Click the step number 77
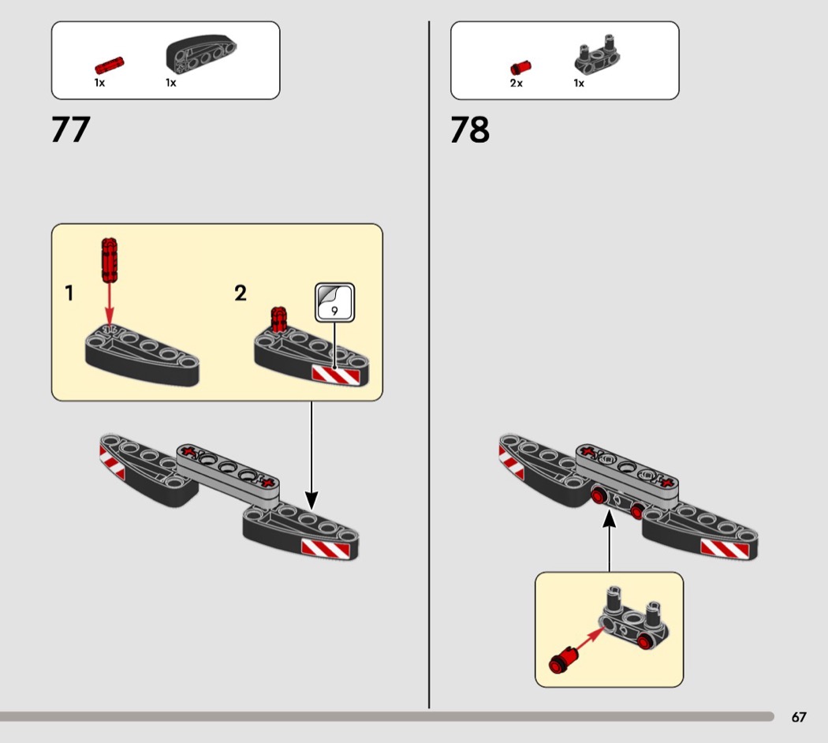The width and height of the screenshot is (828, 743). click(x=71, y=129)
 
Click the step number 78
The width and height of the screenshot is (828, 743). click(x=470, y=129)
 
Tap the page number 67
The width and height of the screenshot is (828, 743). click(x=798, y=717)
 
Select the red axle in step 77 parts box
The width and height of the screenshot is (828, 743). click(x=110, y=65)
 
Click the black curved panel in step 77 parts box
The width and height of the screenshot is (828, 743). click(x=201, y=54)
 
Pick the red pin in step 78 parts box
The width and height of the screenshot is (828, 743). click(x=520, y=68)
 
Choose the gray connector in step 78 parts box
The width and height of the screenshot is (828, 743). click(x=597, y=54)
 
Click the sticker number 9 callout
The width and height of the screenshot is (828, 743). click(x=335, y=303)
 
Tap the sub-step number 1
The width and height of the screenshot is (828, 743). click(x=69, y=293)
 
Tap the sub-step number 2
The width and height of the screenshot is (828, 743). click(x=241, y=293)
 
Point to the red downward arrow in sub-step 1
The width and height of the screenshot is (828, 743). click(x=110, y=304)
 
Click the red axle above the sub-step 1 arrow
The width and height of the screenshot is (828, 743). click(x=110, y=259)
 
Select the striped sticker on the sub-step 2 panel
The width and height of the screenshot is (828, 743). click(x=336, y=375)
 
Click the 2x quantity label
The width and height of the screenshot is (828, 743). click(x=517, y=84)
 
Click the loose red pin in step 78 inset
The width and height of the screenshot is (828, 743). click(x=564, y=659)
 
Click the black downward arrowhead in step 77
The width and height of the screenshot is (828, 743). click(x=311, y=500)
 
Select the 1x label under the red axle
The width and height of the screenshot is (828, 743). click(x=100, y=83)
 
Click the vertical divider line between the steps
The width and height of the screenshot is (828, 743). click(x=429, y=364)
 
